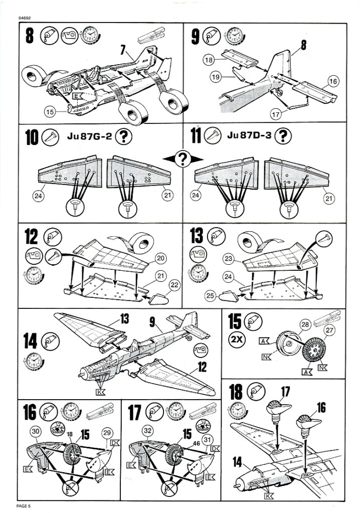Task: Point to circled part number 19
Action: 216,77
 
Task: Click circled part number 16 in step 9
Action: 332,80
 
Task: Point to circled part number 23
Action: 229,259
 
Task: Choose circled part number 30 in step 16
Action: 35,431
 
